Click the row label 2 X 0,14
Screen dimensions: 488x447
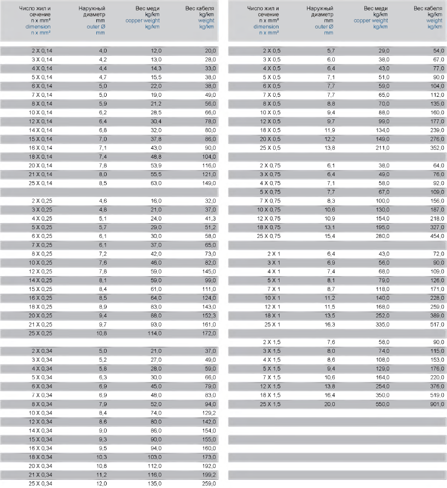[x=42, y=50]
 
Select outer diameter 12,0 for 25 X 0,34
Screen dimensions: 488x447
[x=102, y=484]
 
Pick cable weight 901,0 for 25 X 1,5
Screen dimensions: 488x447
[x=437, y=404]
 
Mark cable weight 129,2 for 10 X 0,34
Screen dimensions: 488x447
[x=209, y=413]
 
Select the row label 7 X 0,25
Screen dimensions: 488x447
[x=42, y=245]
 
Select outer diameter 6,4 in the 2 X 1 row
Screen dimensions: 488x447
[x=330, y=254]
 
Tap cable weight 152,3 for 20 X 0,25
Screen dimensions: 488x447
[x=208, y=316]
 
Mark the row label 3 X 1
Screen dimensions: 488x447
[x=274, y=263]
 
